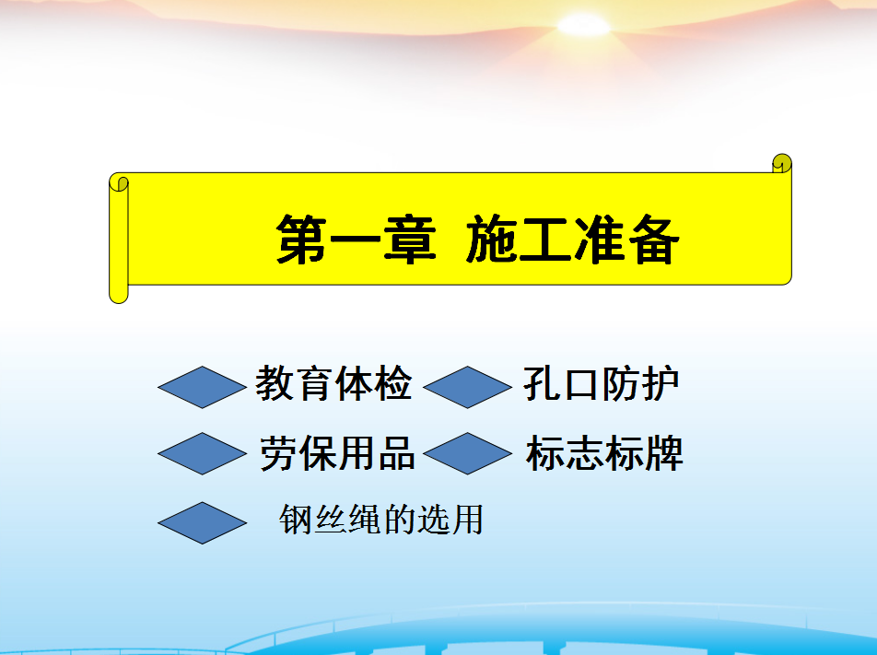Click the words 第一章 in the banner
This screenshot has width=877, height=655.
pos(356,240)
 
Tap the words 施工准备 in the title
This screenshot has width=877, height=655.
pos(572,240)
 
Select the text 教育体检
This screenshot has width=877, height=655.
pos(333,384)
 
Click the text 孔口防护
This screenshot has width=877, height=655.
pos(602,384)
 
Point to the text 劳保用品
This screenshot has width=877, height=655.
pos(337,453)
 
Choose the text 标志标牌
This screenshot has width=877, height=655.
pos(604,453)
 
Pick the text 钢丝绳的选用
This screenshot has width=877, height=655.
pos(380,520)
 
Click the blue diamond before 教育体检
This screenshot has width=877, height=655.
pos(202,387)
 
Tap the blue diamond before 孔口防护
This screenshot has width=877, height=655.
pos(468,387)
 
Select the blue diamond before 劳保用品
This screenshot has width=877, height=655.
pos(202,453)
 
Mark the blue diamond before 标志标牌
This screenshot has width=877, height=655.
pos(468,453)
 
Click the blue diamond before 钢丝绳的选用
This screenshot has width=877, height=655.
pos(202,523)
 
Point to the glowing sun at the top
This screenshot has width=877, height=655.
pos(583,25)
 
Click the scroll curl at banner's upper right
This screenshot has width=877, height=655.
pos(782,163)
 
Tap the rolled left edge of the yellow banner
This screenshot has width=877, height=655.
pos(119,239)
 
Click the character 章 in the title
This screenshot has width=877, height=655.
pos(410,240)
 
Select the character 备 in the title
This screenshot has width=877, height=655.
pos(653,240)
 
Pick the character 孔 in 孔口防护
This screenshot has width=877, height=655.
pos(543,384)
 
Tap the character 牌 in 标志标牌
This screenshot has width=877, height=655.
pos(664,453)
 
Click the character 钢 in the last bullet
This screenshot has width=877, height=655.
pos(296,520)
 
